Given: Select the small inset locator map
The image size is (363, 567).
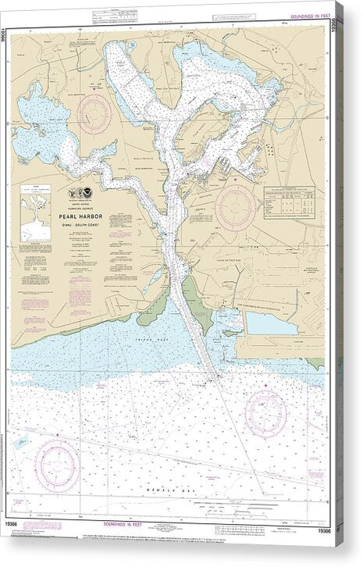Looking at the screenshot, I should tap(35, 212).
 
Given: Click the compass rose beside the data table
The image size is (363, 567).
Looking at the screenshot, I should tap(236, 208).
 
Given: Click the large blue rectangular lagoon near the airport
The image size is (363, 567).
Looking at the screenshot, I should tap(272, 323).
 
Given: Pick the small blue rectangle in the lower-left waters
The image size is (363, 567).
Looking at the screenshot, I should tap(21, 443).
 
